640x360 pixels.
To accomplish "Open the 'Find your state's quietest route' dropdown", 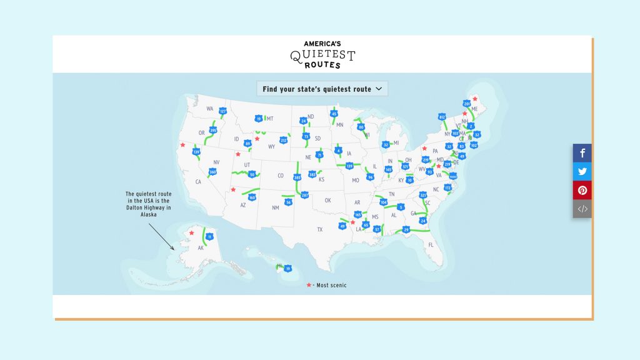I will tap(322, 89).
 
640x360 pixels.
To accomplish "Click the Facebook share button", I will tap(582, 153).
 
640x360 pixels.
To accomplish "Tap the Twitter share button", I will tap(582, 172).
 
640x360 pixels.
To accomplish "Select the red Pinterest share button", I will tap(582, 191).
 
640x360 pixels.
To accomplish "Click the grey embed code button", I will tap(582, 209).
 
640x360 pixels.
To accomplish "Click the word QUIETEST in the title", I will tap(322, 55).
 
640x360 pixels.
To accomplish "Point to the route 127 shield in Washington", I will tap(222, 111).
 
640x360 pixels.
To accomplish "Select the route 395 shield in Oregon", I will tap(212, 131).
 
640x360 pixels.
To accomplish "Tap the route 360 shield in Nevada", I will tap(212, 172).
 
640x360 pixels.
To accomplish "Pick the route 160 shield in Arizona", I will tap(252, 197).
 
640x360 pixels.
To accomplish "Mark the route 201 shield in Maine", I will tap(466, 104).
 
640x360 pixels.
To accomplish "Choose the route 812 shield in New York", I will tap(442, 117).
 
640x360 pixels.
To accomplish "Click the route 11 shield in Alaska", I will tap(210, 236).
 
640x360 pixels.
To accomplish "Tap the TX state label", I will tap(319, 229).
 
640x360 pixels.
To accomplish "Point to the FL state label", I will tap(431, 245).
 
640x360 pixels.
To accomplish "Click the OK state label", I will tap(327, 201).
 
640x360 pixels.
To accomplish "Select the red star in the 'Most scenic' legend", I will tap(308, 285).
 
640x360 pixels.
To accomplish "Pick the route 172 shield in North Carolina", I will tap(447, 187).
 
